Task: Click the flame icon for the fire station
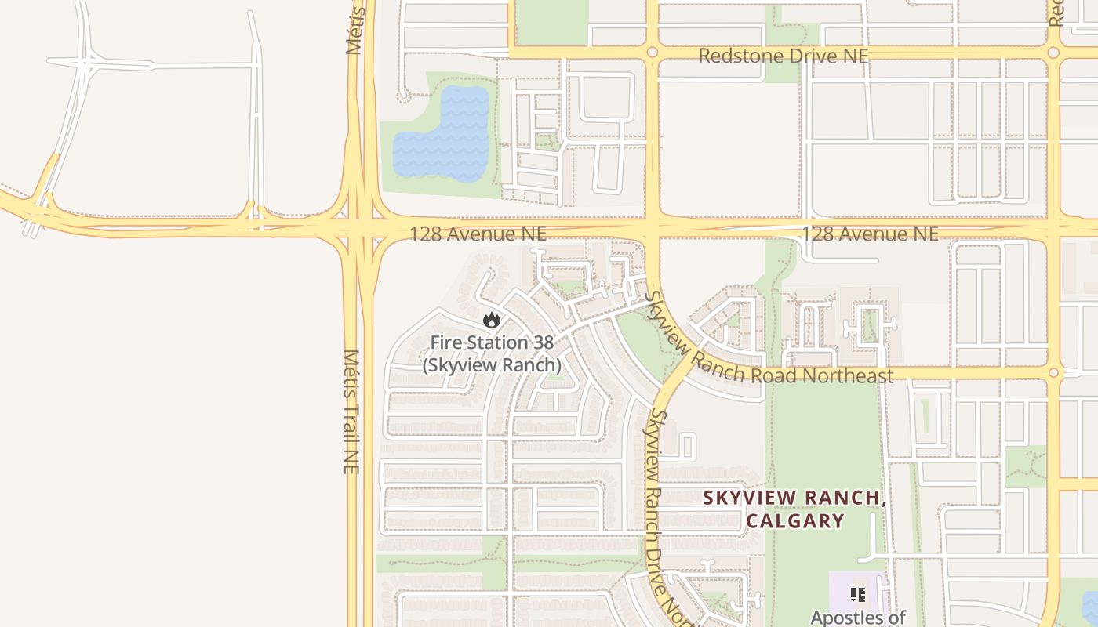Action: (x=492, y=320)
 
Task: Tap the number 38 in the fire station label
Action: (x=543, y=342)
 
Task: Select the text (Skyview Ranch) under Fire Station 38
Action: (x=492, y=365)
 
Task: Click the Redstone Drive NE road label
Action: (x=784, y=56)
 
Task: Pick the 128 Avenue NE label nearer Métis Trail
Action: (x=478, y=234)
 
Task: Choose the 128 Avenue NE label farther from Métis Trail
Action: (x=869, y=234)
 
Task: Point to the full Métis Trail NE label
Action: (x=351, y=411)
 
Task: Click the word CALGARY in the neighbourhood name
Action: (x=795, y=520)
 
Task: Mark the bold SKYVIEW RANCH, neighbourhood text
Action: (x=794, y=498)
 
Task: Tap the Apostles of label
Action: (x=858, y=618)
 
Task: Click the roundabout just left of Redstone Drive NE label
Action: (x=652, y=53)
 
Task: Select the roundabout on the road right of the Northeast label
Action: (x=1053, y=373)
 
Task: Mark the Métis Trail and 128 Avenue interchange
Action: (x=358, y=229)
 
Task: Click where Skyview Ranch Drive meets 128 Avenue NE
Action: (x=652, y=229)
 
